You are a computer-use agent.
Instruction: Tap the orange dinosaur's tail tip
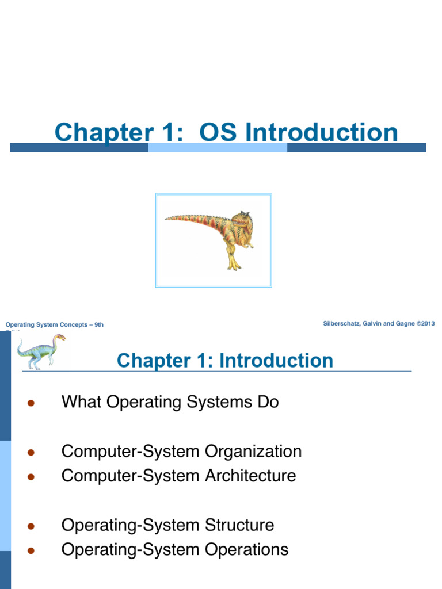(x=167, y=218)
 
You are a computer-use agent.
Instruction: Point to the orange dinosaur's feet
(x=233, y=266)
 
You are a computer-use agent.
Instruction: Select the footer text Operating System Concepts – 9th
(x=55, y=325)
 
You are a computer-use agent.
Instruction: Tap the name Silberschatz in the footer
(x=345, y=324)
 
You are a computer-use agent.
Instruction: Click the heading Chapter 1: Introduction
(x=224, y=361)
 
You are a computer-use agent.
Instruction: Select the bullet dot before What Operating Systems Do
(x=32, y=403)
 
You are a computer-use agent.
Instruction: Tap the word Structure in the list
(x=239, y=525)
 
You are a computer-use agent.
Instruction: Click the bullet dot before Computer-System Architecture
(x=32, y=477)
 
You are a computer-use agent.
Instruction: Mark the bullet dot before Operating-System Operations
(x=32, y=550)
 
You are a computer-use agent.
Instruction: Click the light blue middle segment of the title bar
(x=218, y=148)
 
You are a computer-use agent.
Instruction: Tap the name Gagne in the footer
(x=405, y=324)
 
